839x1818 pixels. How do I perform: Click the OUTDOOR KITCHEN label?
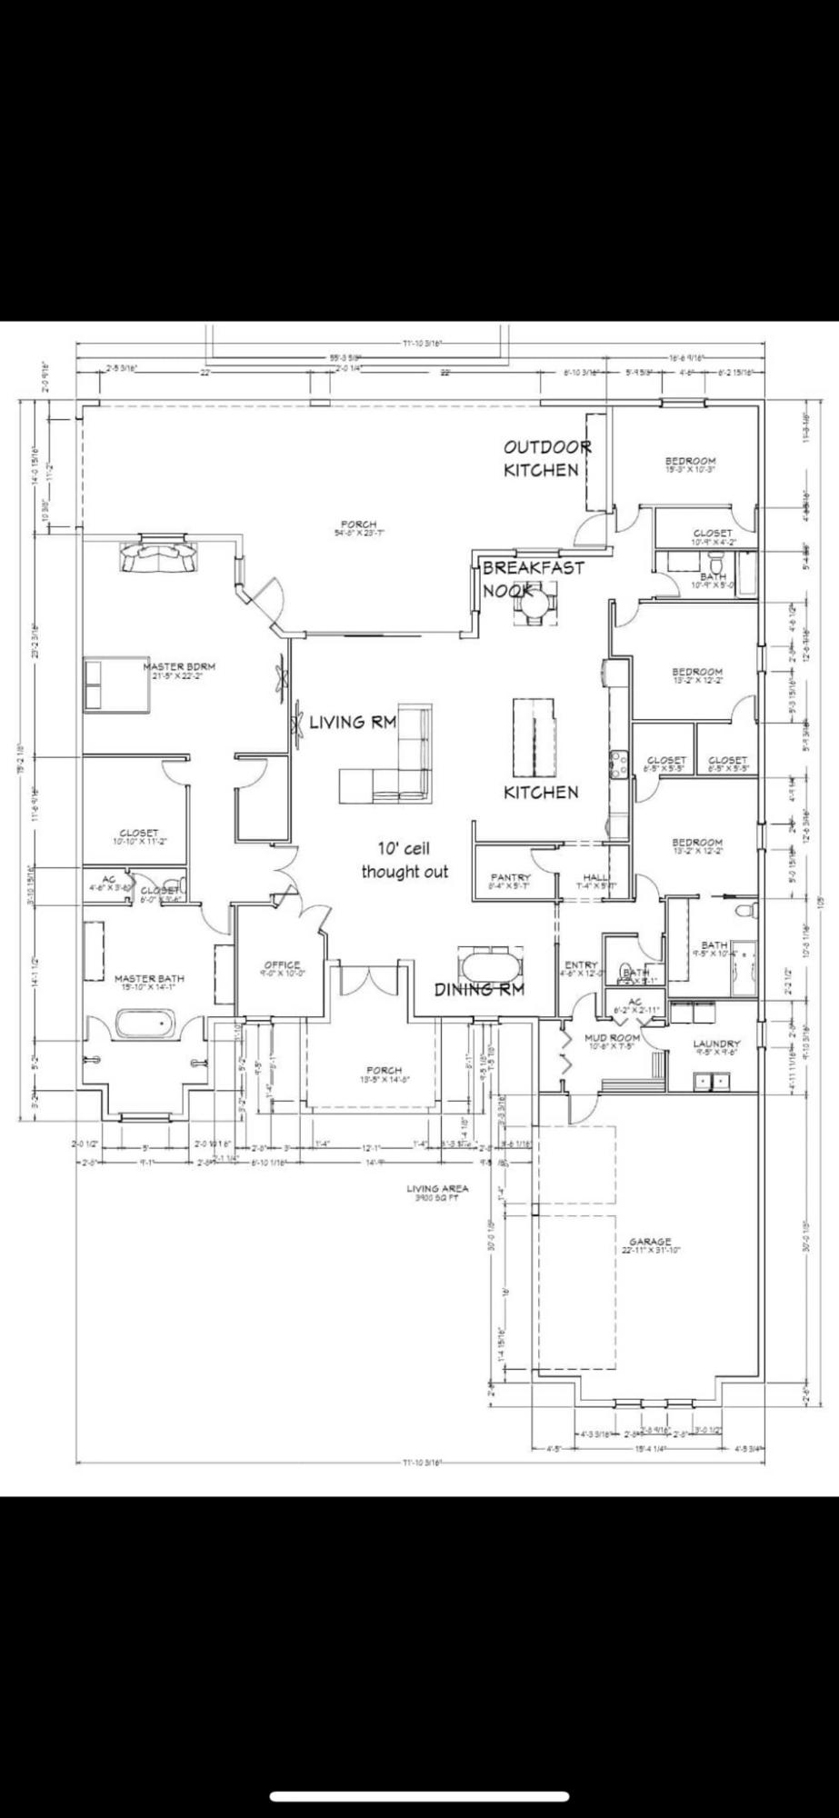click(543, 458)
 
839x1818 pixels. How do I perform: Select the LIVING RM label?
click(353, 723)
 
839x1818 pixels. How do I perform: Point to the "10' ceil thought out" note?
click(405, 860)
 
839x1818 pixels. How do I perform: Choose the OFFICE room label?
click(282, 968)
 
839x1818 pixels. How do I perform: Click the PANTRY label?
click(509, 880)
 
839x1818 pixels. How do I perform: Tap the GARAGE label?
click(651, 1244)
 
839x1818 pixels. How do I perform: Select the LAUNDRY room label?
click(716, 1046)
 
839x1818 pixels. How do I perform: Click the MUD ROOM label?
click(612, 1039)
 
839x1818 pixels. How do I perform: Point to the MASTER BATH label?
click(149, 981)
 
